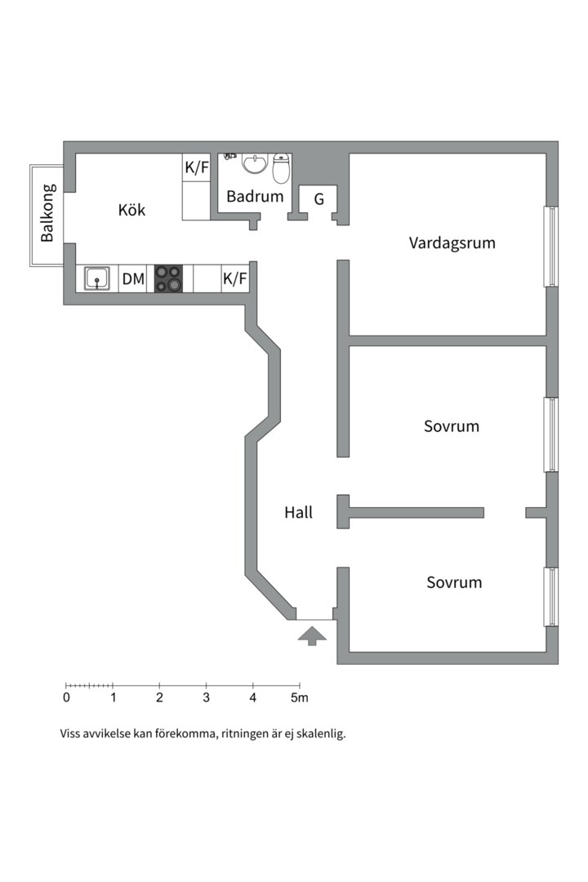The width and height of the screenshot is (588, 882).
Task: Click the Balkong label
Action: click(48, 213)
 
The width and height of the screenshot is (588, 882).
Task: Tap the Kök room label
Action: click(131, 210)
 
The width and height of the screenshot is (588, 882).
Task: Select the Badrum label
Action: click(255, 196)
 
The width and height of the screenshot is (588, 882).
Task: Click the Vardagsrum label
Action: click(452, 243)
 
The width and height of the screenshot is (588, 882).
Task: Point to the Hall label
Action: click(298, 513)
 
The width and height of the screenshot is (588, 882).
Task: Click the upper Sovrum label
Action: click(452, 426)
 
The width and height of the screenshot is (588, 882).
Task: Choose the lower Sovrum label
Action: click(454, 582)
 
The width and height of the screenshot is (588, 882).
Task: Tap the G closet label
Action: click(318, 198)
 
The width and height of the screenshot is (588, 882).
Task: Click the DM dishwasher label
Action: click(133, 279)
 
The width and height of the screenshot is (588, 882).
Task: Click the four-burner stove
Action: click(168, 278)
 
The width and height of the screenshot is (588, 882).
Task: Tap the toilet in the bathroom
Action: click(281, 169)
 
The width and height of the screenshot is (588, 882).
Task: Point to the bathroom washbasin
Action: click(255, 163)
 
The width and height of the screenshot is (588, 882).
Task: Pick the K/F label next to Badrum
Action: click(197, 168)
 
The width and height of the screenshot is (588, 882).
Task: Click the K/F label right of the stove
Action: click(234, 279)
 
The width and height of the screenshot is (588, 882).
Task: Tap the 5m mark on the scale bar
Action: click(301, 697)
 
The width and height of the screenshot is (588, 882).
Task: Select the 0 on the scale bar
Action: click(66, 697)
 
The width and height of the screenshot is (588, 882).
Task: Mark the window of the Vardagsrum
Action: click(551, 246)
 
